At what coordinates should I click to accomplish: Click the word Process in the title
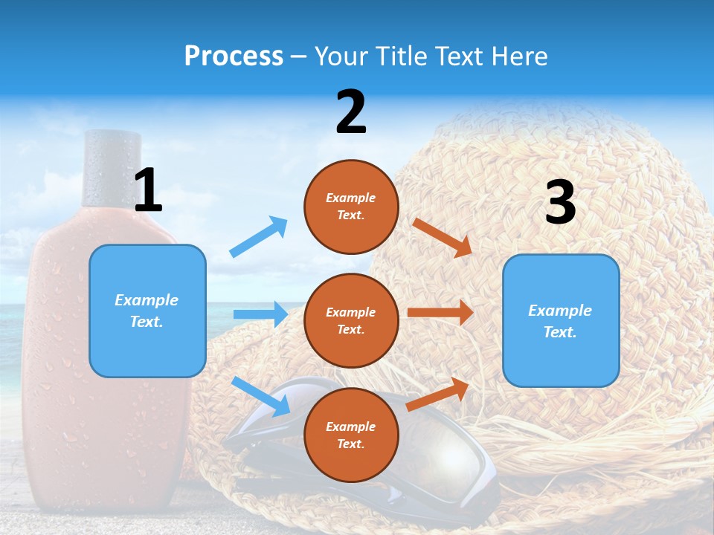click(x=234, y=56)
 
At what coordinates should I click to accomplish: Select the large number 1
click(x=148, y=191)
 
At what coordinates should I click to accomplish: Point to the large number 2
click(x=351, y=112)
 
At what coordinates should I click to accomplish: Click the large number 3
click(x=560, y=202)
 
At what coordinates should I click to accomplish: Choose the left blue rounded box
click(x=147, y=311)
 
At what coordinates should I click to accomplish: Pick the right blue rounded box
click(x=561, y=321)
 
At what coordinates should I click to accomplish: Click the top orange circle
click(x=351, y=207)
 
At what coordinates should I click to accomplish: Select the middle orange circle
click(x=351, y=321)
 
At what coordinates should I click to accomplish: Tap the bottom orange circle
click(x=351, y=435)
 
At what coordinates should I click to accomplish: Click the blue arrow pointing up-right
click(x=259, y=237)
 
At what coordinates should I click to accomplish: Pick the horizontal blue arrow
click(x=261, y=314)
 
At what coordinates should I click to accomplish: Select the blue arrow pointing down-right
click(x=261, y=396)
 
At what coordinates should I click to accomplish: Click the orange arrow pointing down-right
click(x=443, y=237)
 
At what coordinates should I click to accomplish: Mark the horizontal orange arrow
click(x=440, y=313)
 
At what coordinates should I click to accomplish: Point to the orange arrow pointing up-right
click(x=438, y=394)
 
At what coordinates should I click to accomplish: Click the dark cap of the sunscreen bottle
click(x=109, y=168)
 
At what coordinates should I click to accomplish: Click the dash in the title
click(x=298, y=56)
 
